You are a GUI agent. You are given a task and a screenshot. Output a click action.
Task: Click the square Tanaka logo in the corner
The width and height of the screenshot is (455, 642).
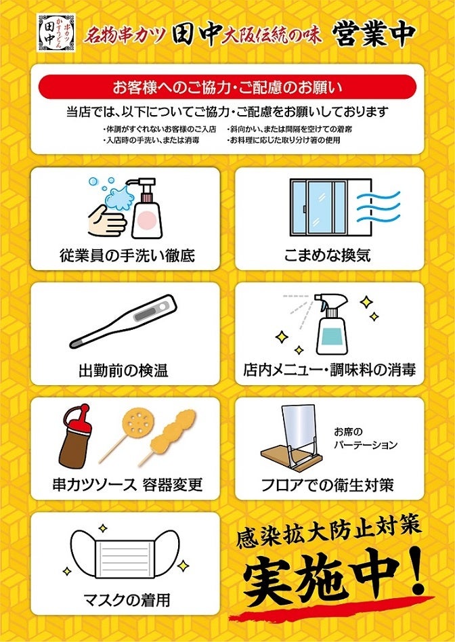pos(56,33)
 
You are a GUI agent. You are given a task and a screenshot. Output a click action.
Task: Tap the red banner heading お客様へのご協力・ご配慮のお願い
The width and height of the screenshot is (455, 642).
pos(227,87)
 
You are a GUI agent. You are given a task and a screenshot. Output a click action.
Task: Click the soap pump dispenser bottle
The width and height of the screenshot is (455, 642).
pos(146,208)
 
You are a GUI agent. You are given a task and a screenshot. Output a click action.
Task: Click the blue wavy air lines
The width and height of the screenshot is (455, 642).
pos(378,207)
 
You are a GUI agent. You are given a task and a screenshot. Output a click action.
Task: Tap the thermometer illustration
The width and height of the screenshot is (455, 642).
pos(123,321)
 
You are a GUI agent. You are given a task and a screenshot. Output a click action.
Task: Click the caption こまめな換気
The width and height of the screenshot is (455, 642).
pos(328,255)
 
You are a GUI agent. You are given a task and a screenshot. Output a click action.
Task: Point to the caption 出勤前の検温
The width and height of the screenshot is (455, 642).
pos(123,371)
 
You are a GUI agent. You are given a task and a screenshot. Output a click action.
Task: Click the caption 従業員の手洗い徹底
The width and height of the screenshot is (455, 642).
pos(127,255)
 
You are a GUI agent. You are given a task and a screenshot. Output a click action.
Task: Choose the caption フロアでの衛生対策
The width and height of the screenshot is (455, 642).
pos(328,485)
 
